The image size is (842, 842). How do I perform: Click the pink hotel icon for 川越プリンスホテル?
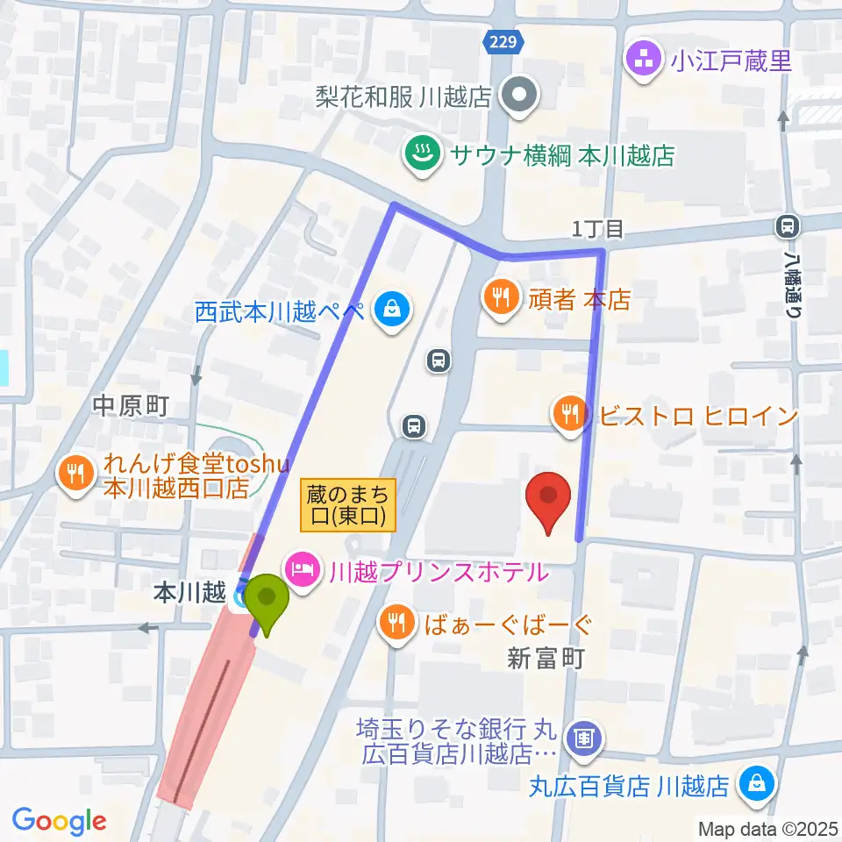(x=301, y=572)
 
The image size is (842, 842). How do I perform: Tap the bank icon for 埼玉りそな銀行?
(x=584, y=737)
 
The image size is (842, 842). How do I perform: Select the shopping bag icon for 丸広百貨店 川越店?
(x=755, y=783)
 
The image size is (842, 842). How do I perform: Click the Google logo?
(x=60, y=821)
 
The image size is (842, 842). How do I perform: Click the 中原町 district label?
(x=129, y=405)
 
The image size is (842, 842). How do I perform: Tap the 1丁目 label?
(x=597, y=230)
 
